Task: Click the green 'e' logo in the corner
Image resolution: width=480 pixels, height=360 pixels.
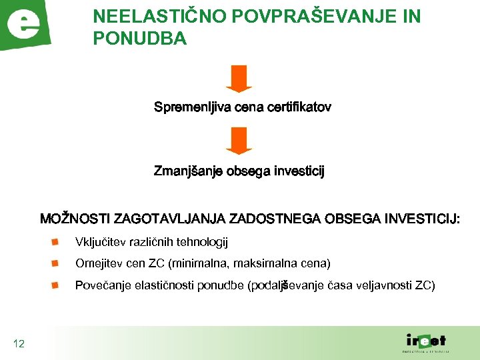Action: point(25,25)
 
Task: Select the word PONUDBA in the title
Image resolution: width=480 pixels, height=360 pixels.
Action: point(140,39)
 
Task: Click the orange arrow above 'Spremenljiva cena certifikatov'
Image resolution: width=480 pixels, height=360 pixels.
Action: point(239,78)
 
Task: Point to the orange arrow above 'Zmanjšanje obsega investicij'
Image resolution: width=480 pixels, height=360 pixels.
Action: point(239,141)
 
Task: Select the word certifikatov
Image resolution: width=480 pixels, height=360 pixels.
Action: point(297,107)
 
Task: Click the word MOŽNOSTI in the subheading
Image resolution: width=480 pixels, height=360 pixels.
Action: point(75,219)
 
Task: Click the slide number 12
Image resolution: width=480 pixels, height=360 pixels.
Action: point(19,344)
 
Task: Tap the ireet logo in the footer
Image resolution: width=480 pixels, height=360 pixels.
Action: point(425,341)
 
